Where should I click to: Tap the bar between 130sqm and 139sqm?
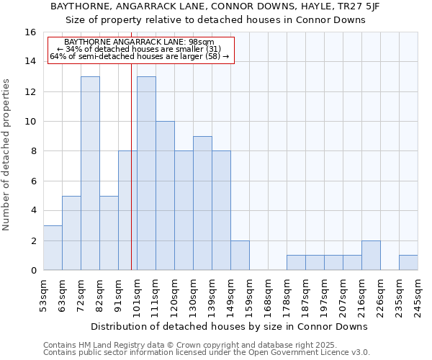tap(202, 203)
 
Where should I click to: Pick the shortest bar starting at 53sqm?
tap(53, 248)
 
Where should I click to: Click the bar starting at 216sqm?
tap(371, 256)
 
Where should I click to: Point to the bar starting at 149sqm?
tap(240, 256)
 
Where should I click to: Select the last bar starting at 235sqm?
tap(408, 263)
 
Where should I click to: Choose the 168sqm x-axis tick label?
tap(268, 294)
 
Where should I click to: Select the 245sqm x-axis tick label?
tap(418, 294)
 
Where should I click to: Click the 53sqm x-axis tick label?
tap(43, 294)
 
